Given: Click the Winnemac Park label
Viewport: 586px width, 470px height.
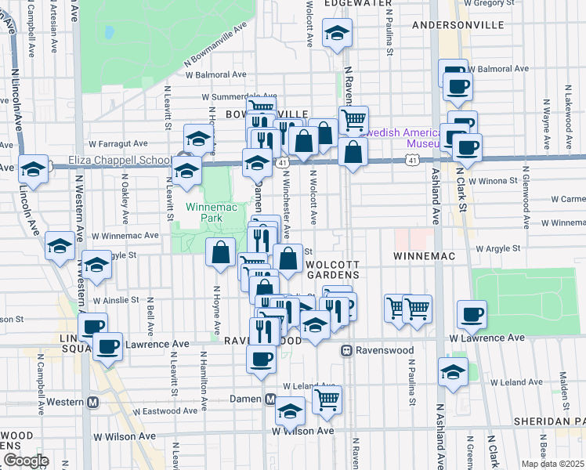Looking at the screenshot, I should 204,212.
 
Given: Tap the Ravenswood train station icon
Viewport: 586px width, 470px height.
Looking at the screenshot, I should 345,351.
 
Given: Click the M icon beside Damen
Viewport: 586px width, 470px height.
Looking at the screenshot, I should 269,399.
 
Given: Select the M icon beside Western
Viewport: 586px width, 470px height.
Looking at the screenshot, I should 92,403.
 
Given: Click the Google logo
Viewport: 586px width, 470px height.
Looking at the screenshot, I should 26,461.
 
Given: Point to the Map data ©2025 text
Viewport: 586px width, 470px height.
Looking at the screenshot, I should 553,464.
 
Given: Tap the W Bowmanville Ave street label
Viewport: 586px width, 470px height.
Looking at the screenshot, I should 215,52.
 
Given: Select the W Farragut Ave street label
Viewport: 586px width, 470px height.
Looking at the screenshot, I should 118,144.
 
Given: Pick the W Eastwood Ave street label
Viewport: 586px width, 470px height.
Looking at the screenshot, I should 165,410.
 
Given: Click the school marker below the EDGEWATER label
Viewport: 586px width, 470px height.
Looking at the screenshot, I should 338,33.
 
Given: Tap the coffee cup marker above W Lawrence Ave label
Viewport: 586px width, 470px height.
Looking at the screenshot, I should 472,314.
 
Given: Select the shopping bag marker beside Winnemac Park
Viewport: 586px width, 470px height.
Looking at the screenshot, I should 221,252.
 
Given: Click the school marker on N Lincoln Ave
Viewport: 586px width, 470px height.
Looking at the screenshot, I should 34,169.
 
